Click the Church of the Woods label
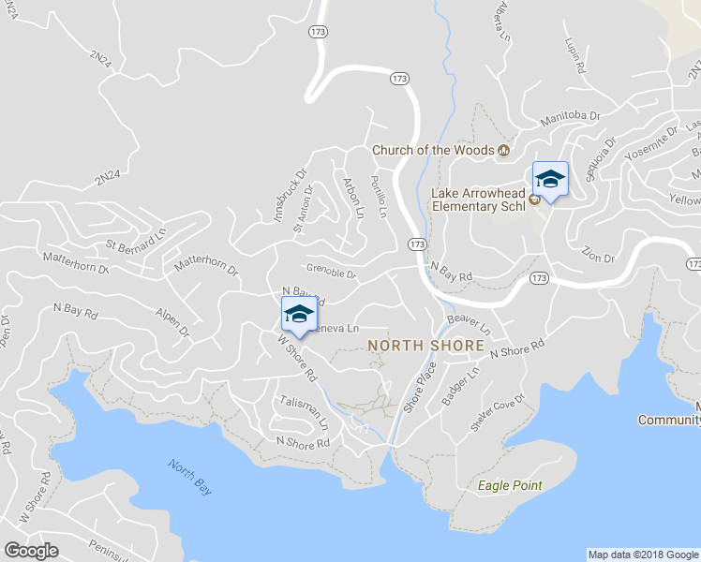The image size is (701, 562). point(433,150)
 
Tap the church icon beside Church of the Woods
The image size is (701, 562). point(503,149)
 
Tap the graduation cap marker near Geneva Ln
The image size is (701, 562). point(298,316)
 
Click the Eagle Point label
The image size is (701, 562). point(510,485)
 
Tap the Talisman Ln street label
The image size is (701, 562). point(306,411)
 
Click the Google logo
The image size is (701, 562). point(32,551)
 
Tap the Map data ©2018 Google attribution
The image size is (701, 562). point(642,555)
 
